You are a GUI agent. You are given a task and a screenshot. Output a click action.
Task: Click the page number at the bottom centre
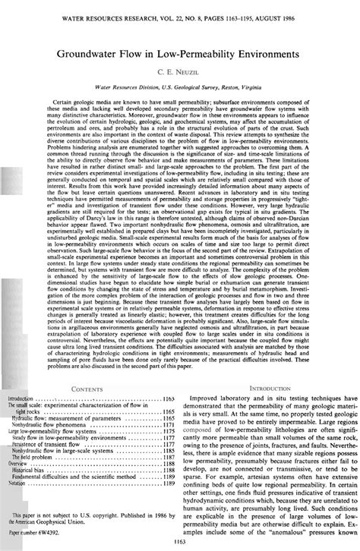[x=180, y=540]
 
